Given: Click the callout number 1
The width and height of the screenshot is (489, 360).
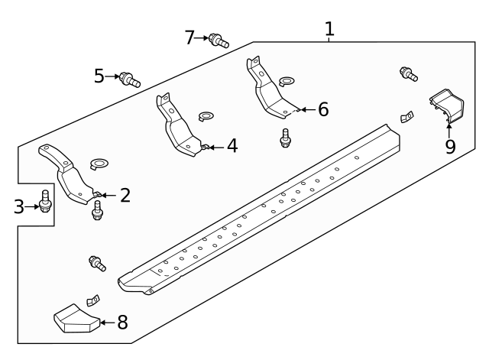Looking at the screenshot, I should pos(329,30).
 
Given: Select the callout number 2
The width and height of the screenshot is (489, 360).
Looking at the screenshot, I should pos(125,195).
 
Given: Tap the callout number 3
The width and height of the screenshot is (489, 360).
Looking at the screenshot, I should pos(19,206).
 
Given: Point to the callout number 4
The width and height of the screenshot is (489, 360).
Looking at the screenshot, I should pos(231,145).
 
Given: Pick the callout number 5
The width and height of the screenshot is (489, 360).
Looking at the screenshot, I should pos(99,76).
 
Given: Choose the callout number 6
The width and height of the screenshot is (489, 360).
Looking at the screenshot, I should pos(322,109).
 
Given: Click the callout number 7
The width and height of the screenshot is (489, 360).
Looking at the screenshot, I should pos(191,37).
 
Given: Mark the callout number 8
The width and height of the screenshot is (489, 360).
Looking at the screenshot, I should pos(121,322).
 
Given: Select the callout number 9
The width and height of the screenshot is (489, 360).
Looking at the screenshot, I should pos(450,146).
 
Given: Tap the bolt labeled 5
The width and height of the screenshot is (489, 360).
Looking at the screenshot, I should pos(128,78).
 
